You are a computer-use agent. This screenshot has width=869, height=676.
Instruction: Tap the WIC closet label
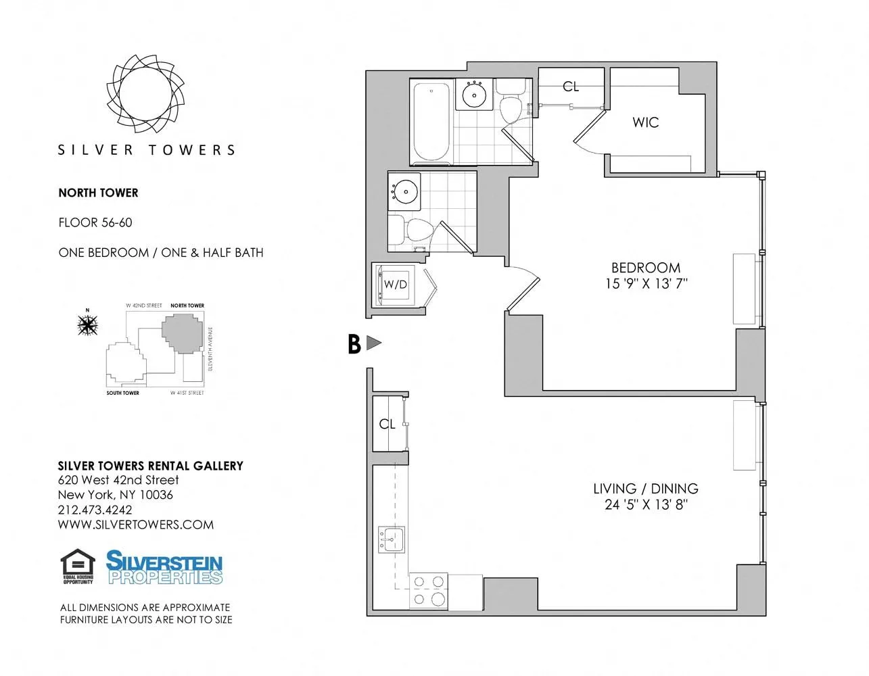click(x=645, y=122)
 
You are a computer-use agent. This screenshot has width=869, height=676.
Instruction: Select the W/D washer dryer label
click(x=396, y=285)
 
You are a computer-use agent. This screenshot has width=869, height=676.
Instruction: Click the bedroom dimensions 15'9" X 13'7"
click(x=646, y=284)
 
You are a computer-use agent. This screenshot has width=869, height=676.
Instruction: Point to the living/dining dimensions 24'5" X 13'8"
click(x=646, y=505)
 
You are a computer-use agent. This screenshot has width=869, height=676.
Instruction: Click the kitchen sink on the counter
click(x=392, y=539)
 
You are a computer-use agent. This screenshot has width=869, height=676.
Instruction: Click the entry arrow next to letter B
click(x=373, y=343)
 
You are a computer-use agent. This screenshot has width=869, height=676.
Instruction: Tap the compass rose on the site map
click(x=87, y=325)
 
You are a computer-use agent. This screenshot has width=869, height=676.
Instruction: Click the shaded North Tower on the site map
click(x=182, y=333)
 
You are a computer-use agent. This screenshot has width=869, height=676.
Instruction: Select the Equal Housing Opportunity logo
click(x=78, y=566)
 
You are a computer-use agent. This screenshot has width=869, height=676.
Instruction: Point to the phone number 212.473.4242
click(x=95, y=510)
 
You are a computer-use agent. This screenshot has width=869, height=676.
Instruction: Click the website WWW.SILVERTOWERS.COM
click(x=135, y=525)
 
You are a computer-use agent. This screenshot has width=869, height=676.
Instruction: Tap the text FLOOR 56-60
click(x=95, y=222)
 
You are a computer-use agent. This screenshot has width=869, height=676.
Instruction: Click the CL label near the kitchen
click(x=387, y=425)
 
